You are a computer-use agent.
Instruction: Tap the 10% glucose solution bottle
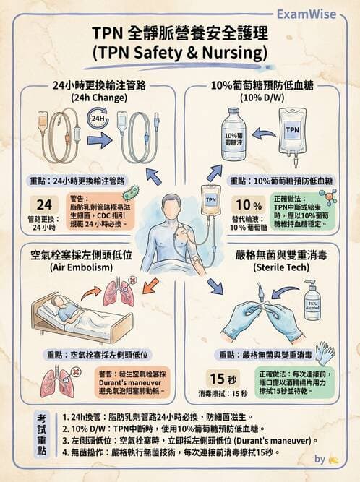pyautogui.click(x=233, y=135)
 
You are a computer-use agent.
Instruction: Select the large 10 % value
pyautogui.click(x=244, y=204)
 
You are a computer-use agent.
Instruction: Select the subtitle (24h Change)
pyautogui.click(x=89, y=96)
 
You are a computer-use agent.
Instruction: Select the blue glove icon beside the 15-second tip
pyautogui.click(x=325, y=353)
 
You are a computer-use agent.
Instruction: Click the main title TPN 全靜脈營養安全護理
pyautogui.click(x=180, y=35)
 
